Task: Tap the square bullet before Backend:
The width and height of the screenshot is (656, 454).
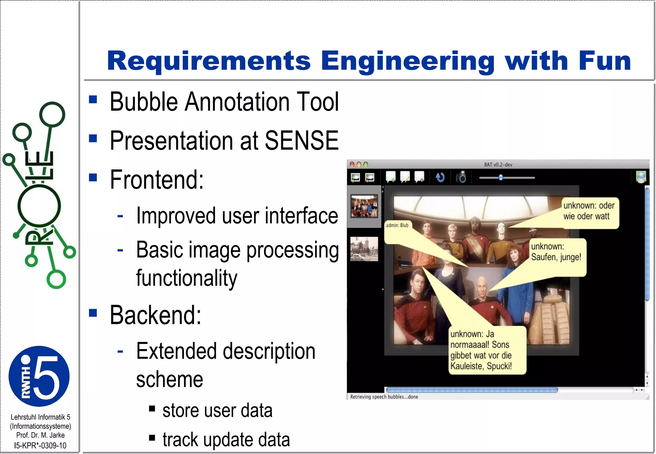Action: click(93, 312)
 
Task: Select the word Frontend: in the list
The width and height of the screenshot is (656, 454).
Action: click(157, 180)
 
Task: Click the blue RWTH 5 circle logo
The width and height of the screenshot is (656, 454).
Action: click(39, 376)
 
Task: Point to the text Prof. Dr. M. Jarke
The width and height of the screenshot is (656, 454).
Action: click(40, 435)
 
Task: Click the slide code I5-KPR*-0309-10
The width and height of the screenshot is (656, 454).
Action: click(40, 445)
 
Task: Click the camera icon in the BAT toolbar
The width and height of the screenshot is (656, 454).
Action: click(461, 177)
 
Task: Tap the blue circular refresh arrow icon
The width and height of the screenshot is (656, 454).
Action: click(440, 177)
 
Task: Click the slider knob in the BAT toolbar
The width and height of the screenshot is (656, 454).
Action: click(501, 177)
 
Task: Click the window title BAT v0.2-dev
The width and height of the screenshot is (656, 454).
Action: click(498, 165)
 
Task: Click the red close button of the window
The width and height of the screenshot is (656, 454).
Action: click(352, 165)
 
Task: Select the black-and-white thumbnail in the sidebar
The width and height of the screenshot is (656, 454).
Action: click(364, 249)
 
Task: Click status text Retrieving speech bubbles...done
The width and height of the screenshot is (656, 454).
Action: click(384, 397)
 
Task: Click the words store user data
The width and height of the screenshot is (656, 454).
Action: click(217, 410)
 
